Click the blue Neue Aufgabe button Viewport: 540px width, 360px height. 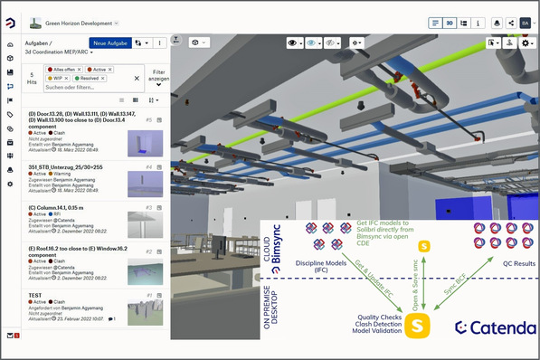click(x=109, y=43)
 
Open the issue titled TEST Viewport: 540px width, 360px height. click(x=37, y=295)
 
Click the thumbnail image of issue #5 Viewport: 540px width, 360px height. click(x=145, y=141)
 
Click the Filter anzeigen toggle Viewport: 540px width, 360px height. click(x=159, y=77)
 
